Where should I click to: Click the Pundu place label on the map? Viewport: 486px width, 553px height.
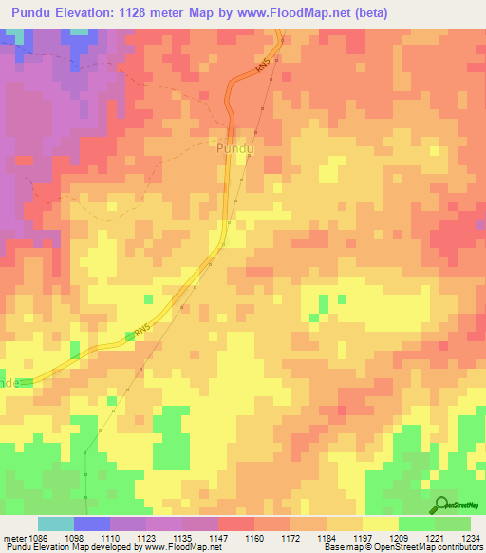[236, 149]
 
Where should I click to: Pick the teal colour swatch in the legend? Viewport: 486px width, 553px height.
[56, 524]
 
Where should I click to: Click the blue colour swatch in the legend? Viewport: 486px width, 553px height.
[92, 524]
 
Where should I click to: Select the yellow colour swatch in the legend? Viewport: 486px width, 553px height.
[380, 524]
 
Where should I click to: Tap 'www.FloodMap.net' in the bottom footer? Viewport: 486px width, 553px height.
[182, 547]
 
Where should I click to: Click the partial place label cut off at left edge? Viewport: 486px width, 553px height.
[9, 382]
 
